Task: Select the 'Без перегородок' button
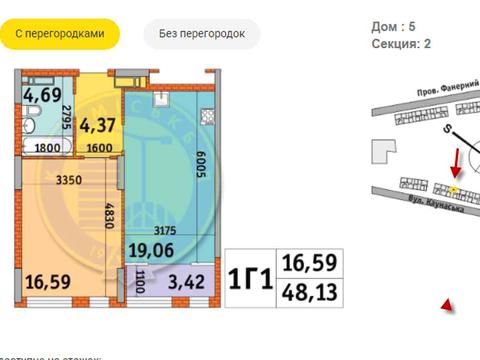click(202, 33)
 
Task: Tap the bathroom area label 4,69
click(40, 98)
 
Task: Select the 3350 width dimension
click(67, 180)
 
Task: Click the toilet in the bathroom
click(31, 126)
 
